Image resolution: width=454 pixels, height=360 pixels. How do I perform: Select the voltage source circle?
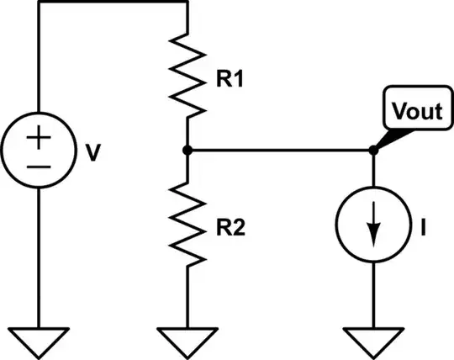38,152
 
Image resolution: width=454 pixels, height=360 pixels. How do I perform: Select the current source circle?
373,226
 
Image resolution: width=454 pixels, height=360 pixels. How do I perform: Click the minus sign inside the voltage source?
38,167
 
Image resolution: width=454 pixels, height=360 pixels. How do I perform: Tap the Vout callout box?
414,111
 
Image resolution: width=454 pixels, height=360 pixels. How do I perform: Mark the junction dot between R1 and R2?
187,151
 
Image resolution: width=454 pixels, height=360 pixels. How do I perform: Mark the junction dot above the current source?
373,151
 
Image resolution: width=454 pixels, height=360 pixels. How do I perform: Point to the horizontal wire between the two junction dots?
280,151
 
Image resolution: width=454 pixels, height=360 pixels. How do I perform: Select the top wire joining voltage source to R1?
113,3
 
